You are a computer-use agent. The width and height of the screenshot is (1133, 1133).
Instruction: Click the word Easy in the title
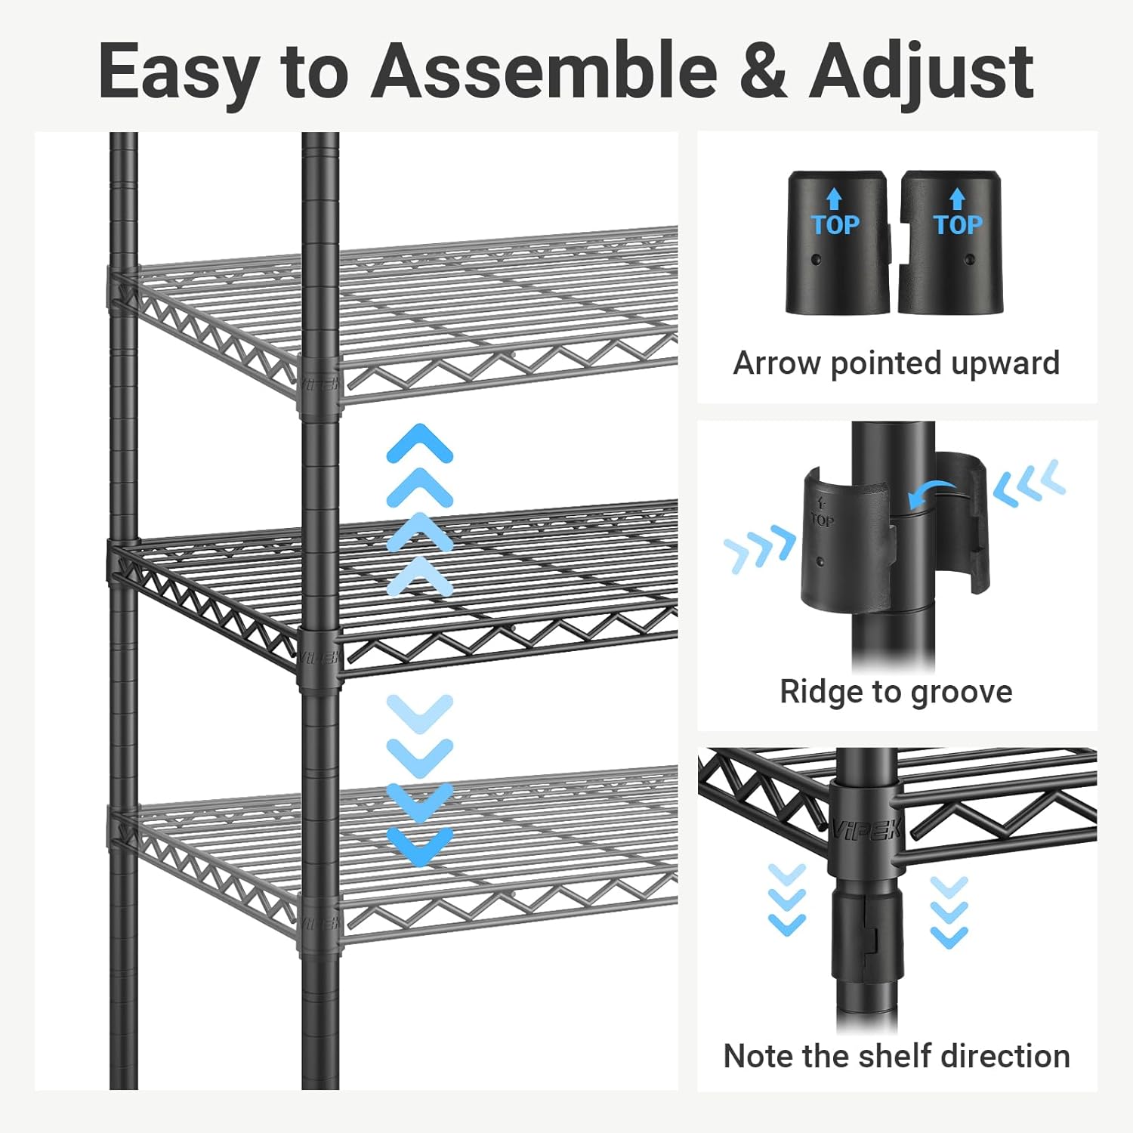click(178, 73)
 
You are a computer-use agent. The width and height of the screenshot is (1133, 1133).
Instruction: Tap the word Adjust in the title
click(922, 73)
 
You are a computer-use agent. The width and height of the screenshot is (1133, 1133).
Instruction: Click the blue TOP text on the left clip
click(835, 224)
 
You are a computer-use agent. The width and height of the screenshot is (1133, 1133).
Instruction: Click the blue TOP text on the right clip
click(958, 224)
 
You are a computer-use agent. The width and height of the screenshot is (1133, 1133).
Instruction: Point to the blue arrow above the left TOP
click(834, 199)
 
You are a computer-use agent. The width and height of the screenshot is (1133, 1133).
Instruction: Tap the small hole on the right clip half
click(971, 261)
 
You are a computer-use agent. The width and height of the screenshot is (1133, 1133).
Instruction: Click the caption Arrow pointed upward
click(897, 363)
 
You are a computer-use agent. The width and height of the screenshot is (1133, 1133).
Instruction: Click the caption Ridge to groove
click(896, 692)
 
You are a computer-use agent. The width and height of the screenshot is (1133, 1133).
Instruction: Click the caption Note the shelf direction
click(897, 1056)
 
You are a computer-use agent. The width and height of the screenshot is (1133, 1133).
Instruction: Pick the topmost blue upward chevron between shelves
click(419, 441)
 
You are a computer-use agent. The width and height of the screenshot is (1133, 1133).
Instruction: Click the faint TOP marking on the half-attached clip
click(823, 518)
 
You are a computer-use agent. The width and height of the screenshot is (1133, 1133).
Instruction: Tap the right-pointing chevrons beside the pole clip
click(760, 549)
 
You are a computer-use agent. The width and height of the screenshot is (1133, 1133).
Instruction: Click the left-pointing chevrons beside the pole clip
click(1029, 483)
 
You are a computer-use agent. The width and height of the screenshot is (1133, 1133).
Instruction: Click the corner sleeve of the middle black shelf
click(320, 656)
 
